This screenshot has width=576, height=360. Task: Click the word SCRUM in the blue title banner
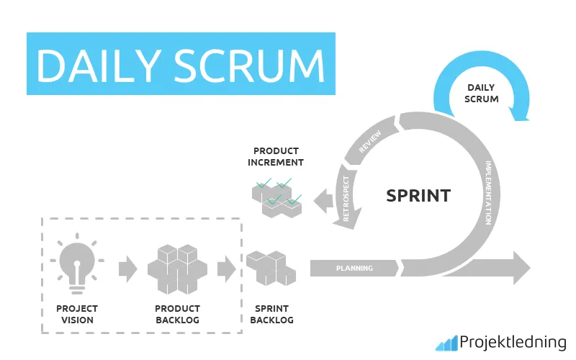click(252, 65)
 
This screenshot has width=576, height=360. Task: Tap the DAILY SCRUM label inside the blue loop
click(482, 93)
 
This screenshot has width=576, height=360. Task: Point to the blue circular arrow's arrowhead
click(521, 112)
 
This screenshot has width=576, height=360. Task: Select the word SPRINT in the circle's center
click(418, 195)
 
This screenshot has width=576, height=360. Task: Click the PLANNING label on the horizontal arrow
click(354, 269)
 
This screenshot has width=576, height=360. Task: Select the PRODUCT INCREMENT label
click(276, 156)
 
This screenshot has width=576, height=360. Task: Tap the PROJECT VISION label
click(77, 315)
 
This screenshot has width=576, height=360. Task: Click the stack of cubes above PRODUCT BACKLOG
click(177, 270)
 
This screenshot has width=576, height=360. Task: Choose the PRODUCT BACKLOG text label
click(177, 315)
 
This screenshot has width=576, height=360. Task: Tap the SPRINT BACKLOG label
click(270, 315)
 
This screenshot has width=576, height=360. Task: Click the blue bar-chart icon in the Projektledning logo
click(446, 343)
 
